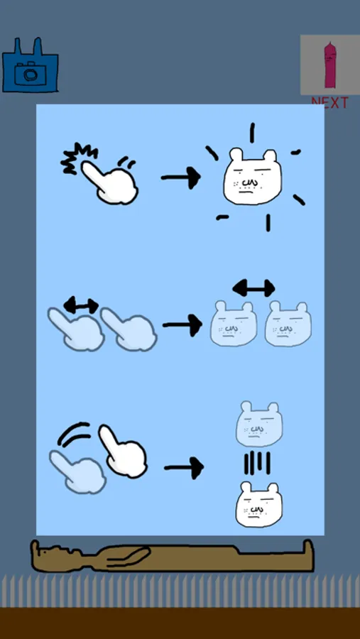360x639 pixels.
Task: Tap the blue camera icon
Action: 30,65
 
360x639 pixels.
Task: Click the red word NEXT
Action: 330,103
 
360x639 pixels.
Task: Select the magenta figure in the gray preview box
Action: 330,65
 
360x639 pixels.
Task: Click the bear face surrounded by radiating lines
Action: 252,177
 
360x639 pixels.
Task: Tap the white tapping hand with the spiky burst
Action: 109,182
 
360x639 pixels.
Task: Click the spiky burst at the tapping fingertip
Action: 78,158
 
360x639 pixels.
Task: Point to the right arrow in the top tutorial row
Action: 181,177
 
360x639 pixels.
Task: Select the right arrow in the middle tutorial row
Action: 182,324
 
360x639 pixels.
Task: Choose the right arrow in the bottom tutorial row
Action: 184,468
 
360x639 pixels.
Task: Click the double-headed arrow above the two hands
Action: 81,305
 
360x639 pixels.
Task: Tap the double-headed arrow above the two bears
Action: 253,288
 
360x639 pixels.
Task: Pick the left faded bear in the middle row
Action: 234,324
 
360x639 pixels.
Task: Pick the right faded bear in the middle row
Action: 288,324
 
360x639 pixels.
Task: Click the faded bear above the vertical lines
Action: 259,424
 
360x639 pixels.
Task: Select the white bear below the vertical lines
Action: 259,505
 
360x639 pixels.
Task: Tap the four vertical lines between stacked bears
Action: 257,463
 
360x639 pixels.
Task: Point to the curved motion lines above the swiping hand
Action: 74,433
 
